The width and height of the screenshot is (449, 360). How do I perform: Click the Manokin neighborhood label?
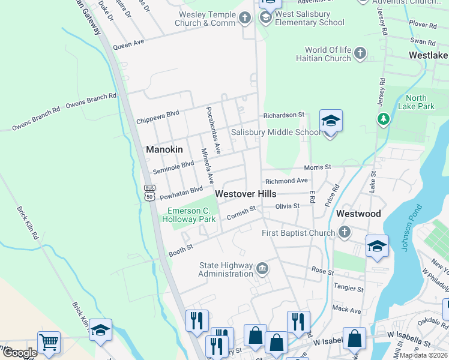coord(164,149)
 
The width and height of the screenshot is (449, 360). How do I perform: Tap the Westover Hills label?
coord(246,194)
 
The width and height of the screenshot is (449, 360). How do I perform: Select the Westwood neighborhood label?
coord(358,214)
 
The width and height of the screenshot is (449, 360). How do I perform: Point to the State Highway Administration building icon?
coord(262,268)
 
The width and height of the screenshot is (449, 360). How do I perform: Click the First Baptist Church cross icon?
coord(344,232)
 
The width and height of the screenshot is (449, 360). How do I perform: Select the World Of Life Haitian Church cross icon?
coord(360,54)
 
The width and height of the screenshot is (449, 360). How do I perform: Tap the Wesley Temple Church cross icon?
coord(244,18)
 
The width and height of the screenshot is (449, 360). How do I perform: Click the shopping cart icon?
coord(49,343)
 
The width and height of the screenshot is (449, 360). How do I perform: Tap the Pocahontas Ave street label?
coord(214,129)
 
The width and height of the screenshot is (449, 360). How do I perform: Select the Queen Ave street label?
coord(128,44)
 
